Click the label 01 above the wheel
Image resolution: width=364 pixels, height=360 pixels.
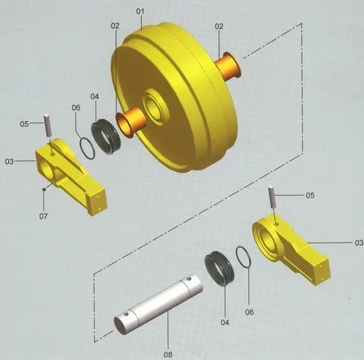tap(141, 12)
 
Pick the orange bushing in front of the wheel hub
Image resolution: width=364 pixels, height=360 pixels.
tap(129, 123)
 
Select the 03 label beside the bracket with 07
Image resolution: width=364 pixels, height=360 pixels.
tap(9, 160)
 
